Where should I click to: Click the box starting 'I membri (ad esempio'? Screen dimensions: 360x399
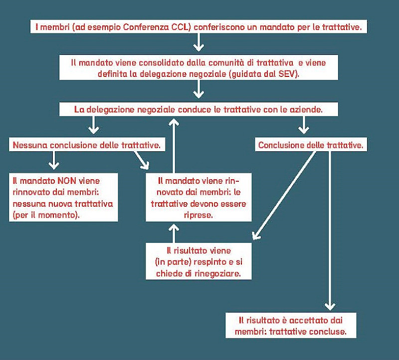199,26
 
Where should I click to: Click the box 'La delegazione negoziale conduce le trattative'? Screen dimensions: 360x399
199,109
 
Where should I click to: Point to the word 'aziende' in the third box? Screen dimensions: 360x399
308,109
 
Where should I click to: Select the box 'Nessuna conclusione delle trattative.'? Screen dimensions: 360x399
86,145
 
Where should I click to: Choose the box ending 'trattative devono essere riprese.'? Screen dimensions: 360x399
199,197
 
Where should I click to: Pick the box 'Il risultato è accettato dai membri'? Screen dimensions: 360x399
290,324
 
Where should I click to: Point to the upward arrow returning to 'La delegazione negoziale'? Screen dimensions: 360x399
174,145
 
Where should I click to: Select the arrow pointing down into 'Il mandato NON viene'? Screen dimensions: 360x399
54,160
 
